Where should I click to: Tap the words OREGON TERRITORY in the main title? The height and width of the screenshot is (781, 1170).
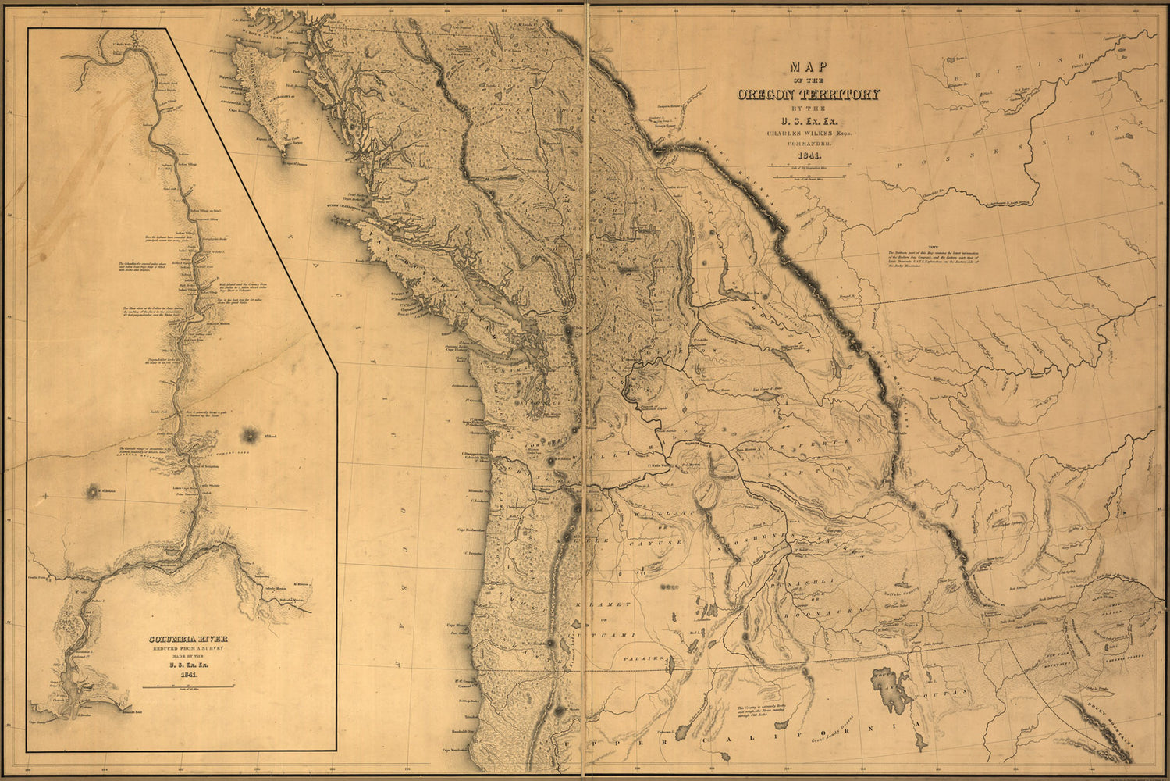[x=809, y=95]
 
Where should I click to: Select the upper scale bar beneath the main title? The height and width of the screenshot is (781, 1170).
[x=809, y=167]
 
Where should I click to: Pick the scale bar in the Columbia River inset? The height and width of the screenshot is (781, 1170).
[x=187, y=686]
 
